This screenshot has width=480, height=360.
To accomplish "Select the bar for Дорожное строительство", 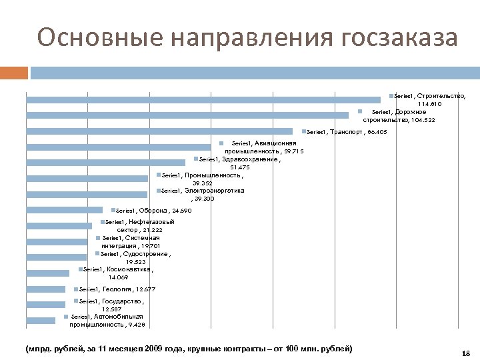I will (187, 115).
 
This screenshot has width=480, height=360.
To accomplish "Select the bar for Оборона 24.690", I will (64, 210).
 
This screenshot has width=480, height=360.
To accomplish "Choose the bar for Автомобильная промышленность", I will (41, 321).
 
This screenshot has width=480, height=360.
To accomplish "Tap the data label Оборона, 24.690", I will (153, 211).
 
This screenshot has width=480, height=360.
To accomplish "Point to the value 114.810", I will (429, 105).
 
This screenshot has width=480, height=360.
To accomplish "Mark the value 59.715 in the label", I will (291, 151).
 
